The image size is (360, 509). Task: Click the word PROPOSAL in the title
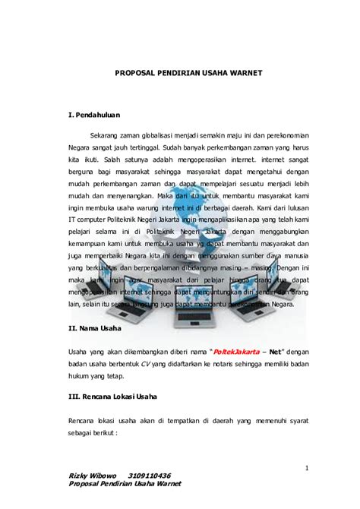pyautogui.click(x=137, y=74)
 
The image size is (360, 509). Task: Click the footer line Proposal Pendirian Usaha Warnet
pyautogui.click(x=125, y=484)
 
